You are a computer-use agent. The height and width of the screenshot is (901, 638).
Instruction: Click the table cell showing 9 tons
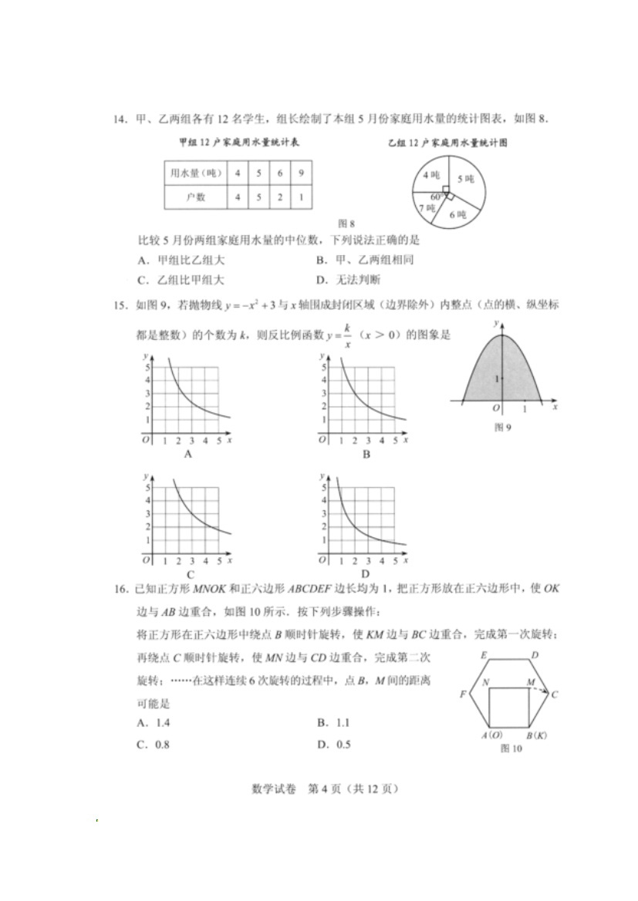coord(301,173)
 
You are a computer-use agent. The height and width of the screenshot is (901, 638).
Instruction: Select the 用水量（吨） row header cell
coord(196,173)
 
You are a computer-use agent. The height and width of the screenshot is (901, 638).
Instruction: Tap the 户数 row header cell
coord(196,197)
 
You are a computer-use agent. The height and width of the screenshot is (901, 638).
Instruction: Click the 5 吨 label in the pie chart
coord(464,179)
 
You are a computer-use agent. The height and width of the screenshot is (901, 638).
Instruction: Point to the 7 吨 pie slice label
coord(427,208)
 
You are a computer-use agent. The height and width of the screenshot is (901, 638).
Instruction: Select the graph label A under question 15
coord(187,454)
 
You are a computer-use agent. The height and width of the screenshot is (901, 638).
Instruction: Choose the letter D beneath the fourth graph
coord(365,574)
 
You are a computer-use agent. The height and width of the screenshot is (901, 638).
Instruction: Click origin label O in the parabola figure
coord(496,408)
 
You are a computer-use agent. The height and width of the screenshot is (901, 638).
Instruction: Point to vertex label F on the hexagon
coord(463,694)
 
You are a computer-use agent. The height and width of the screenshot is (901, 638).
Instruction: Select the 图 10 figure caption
coord(511,748)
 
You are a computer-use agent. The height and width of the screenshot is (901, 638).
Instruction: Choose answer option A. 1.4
coord(152,723)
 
